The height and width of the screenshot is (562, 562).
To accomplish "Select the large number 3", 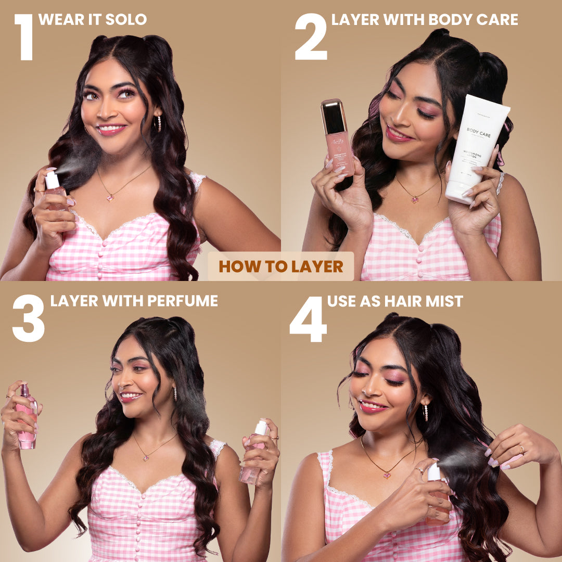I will (x=28, y=318).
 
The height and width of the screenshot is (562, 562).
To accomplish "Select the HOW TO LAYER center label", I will (x=281, y=266).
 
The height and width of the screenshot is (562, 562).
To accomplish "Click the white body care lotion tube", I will (x=476, y=148).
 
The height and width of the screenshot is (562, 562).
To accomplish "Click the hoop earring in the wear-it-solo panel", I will (x=159, y=123).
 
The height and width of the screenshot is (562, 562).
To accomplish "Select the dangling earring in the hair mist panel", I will (x=425, y=413).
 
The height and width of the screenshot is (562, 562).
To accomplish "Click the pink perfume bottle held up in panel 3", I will (x=25, y=416).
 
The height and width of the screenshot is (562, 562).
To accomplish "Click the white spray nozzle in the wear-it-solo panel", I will (x=52, y=180).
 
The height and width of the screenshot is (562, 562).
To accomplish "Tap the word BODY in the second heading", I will (x=451, y=20).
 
